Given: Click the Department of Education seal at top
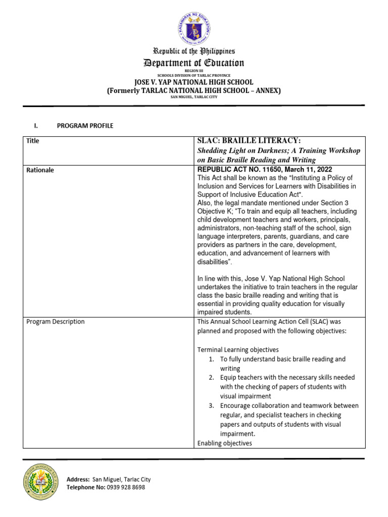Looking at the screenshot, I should pyautogui.click(x=194, y=27).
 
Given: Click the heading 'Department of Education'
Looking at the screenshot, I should pyautogui.click(x=194, y=63).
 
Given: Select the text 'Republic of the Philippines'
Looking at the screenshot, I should pyautogui.click(x=194, y=51).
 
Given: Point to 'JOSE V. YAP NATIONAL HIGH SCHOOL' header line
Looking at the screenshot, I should pyautogui.click(x=193, y=82).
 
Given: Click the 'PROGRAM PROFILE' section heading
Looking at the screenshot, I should pyautogui.click(x=85, y=126).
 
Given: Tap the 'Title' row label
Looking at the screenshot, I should pyautogui.click(x=33, y=141).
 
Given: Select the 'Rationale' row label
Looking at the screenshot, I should pyautogui.click(x=40, y=170).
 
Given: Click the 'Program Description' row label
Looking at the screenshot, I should pyautogui.click(x=56, y=322).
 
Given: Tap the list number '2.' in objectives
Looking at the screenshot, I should pyautogui.click(x=212, y=378).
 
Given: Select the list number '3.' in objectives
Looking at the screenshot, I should pyautogui.click(x=212, y=405).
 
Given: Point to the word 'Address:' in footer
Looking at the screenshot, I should pyautogui.click(x=78, y=479).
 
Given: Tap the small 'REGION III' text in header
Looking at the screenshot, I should pyautogui.click(x=194, y=71).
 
